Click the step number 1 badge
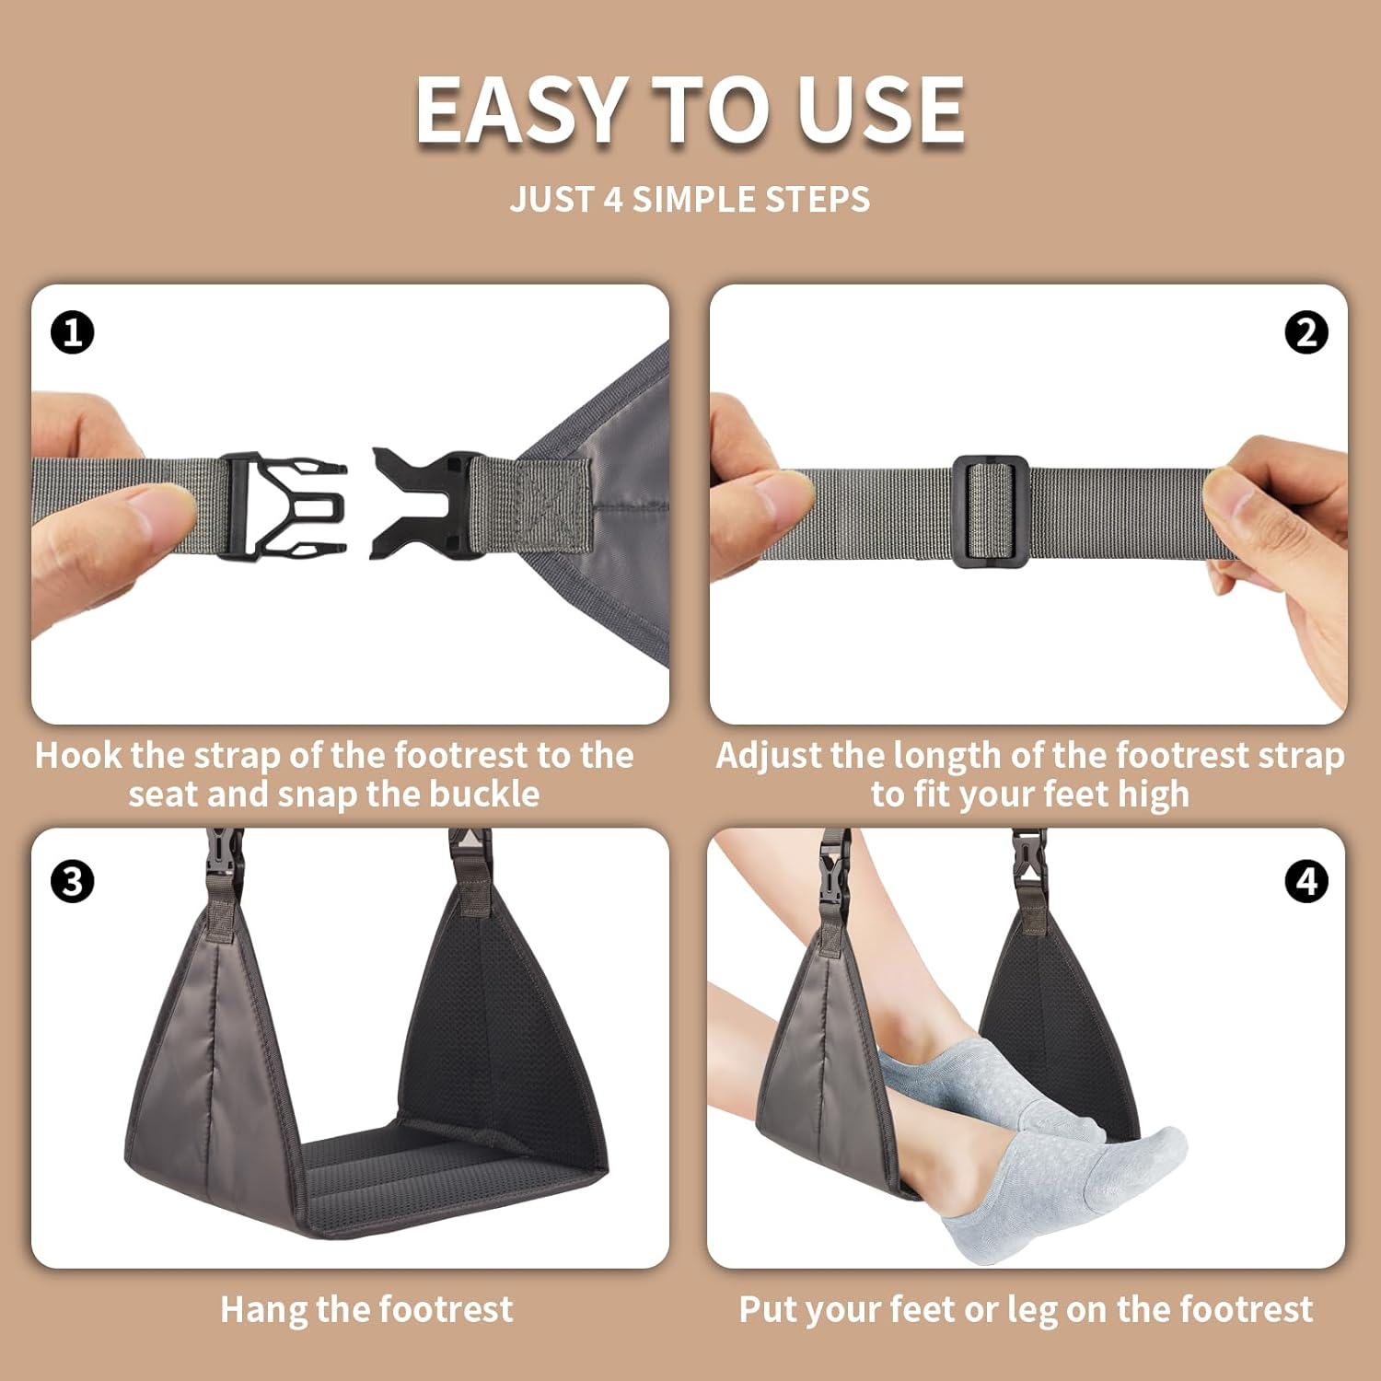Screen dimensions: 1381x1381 point(73,332)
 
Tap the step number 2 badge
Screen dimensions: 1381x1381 point(1306,332)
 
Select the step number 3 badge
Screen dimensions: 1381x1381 point(73,881)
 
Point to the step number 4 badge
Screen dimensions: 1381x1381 point(1306,881)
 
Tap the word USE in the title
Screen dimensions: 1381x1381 point(881,110)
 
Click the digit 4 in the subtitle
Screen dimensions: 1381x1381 point(613,199)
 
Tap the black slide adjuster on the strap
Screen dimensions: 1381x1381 point(991,511)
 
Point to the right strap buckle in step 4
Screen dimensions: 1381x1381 point(1029,856)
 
